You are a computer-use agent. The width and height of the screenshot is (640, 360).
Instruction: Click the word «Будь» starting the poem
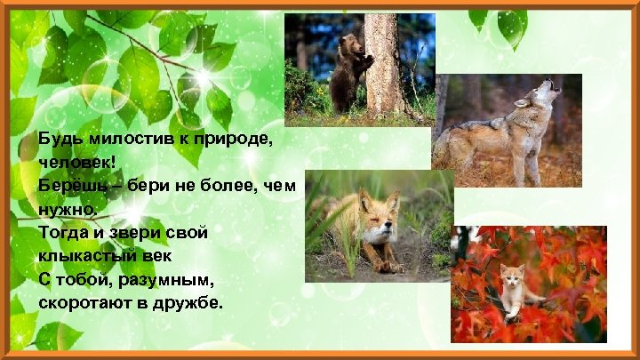pos(55,140)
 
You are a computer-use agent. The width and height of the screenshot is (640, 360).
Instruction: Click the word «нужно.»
pos(67,210)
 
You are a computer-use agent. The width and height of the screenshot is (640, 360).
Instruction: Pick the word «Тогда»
pos(61,233)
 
